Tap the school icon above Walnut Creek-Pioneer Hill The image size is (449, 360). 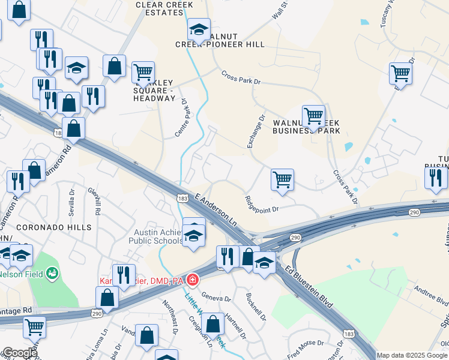tap(199, 28)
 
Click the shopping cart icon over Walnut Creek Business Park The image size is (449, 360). tap(313, 115)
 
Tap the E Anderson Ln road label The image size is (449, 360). tap(217, 209)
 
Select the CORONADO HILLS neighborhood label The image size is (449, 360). tap(54, 227)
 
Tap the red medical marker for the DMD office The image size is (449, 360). tap(192, 280)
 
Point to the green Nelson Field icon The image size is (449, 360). tap(53, 274)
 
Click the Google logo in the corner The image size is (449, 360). tap(19, 353)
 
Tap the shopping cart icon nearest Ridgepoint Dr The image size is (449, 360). tap(282, 179)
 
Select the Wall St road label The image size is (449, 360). tap(280, 10)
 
